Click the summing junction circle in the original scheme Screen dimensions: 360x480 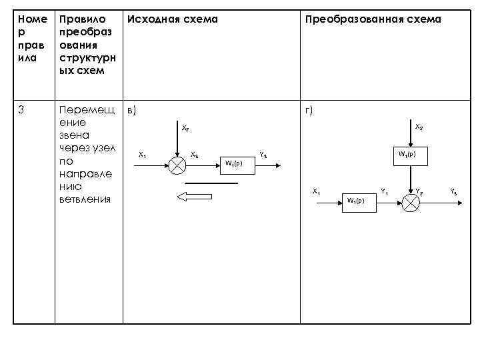click(177, 165)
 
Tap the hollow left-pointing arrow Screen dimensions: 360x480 click(193, 195)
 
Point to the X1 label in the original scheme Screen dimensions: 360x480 click(142, 155)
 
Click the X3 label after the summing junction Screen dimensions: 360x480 click(194, 155)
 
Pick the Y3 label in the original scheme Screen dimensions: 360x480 click(263, 155)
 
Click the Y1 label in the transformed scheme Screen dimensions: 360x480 click(384, 192)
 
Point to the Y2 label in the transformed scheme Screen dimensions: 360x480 click(419, 192)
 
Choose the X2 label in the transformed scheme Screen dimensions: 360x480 click(419, 127)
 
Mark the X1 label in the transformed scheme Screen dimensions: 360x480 click(317, 192)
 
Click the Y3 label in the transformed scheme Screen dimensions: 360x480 click(453, 192)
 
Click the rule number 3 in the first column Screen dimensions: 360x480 click(21, 110)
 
